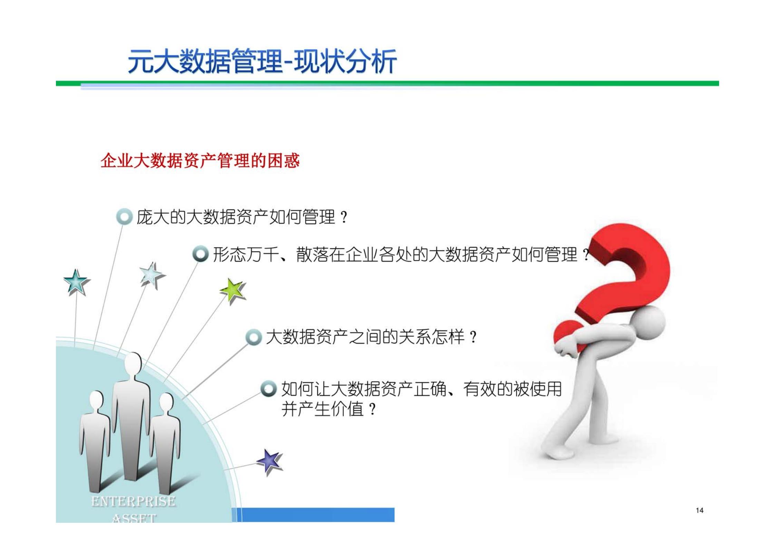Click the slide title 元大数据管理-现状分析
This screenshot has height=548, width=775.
click(262, 61)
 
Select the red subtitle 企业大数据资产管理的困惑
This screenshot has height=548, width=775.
click(200, 161)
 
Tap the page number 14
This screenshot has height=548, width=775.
click(699, 510)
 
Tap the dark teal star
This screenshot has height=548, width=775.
click(76, 282)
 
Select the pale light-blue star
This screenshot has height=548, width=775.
click(152, 275)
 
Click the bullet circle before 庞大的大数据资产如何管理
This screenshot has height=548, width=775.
click(124, 217)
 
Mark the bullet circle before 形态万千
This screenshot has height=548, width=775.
click(201, 254)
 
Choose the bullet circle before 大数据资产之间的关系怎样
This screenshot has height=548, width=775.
click(254, 337)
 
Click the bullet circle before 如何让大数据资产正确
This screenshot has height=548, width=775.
click(269, 389)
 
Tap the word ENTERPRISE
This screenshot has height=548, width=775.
click(133, 501)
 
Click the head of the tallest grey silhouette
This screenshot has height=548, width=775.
click(132, 364)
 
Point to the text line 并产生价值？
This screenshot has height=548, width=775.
click(328, 410)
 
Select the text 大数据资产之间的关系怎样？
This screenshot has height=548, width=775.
click(371, 337)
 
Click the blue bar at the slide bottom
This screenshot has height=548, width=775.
click(318, 515)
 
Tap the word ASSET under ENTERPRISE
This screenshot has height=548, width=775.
click(134, 518)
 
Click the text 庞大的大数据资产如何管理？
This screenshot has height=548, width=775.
click(242, 217)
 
